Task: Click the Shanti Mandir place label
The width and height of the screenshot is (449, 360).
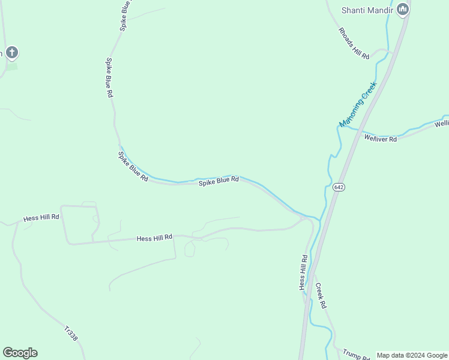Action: pos(367,10)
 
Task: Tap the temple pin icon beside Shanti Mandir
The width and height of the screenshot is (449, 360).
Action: pos(403,9)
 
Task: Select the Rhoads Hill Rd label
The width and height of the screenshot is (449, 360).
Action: pos(354,43)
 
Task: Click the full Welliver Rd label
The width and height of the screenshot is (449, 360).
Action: pos(381,139)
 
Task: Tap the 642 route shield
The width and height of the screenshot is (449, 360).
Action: pos(339,187)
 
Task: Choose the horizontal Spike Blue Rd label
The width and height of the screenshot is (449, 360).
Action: pos(219,181)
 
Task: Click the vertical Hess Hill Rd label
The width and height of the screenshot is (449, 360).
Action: pos(304,272)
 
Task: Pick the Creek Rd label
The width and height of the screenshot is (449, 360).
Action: pos(321,296)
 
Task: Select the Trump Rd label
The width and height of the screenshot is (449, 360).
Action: pos(356,355)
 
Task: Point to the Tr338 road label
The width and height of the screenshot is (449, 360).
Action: pos(71,334)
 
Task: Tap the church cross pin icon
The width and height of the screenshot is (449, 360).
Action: pos(12,52)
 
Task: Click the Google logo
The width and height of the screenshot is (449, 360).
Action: pos(20,353)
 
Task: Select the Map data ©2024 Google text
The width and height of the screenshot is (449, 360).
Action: pos(412,355)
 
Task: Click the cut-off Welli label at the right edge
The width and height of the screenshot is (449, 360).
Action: pos(441,124)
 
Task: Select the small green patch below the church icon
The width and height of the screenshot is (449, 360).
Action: pos(11,67)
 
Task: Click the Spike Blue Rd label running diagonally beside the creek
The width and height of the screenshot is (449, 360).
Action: pos(133,167)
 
